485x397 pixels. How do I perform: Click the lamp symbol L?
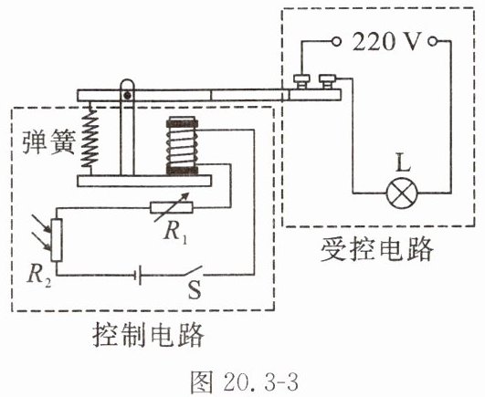tap(402, 193)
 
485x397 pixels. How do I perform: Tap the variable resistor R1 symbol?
tap(171, 207)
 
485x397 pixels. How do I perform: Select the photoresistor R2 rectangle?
tap(57, 240)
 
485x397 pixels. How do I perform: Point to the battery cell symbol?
tap(138, 275)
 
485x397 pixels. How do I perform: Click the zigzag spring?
tap(90, 140)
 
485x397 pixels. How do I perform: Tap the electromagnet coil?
tap(182, 145)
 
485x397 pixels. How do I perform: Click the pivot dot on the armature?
tap(127, 95)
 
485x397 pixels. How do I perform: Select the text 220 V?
tap(386, 41)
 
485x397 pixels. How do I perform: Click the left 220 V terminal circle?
tap(336, 41)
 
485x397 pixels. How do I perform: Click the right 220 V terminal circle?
tap(433, 41)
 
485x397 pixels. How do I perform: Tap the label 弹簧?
tap(49, 141)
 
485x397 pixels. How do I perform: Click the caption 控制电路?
tap(149, 335)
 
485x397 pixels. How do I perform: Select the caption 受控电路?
tap(376, 250)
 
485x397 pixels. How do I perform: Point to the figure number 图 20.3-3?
tap(245, 381)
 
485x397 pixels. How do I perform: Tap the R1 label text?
tap(175, 232)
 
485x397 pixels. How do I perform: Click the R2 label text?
tap(38, 275)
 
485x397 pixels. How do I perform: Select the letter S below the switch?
tap(195, 290)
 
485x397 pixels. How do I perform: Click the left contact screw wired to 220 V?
tap(301, 81)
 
